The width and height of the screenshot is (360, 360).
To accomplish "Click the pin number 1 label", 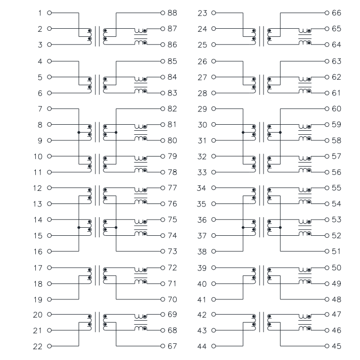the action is (40, 13).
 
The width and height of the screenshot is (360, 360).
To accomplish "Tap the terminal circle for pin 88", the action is (163, 13).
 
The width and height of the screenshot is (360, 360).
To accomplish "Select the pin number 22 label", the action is (38, 346).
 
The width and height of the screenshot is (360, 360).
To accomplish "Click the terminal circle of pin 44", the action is (214, 346).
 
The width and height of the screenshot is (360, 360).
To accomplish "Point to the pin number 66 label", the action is (336, 13).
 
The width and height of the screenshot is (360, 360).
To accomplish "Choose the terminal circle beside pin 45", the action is (327, 346).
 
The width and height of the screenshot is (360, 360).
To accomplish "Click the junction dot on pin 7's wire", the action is (79, 132).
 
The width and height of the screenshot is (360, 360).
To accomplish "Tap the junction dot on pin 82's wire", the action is (116, 132).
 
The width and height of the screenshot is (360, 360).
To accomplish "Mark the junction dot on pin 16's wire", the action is (79, 228).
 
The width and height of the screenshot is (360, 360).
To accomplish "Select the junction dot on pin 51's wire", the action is (280, 228).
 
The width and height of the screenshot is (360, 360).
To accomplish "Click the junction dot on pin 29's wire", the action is (243, 132).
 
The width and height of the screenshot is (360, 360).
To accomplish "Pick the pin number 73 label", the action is (172, 251).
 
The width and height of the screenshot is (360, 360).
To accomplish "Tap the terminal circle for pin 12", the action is (49, 188).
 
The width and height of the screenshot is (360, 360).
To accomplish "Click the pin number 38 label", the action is (202, 252).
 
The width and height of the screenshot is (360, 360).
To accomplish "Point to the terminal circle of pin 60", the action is (327, 109).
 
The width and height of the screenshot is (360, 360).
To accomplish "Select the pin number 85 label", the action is (172, 61).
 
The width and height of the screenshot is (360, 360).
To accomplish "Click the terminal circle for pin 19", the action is (49, 299).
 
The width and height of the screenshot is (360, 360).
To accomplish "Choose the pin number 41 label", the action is (202, 300).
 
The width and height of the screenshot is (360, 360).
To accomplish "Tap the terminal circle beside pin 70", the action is (163, 299).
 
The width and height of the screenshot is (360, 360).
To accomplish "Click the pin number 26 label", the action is (202, 62).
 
